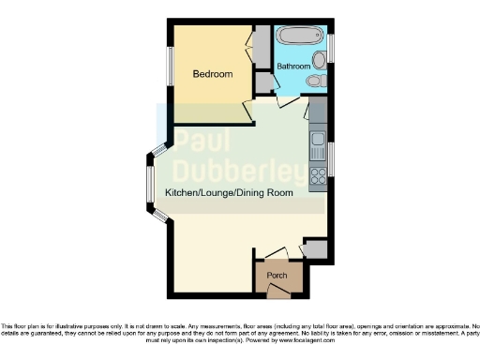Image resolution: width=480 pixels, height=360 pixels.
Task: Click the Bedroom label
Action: (212, 74)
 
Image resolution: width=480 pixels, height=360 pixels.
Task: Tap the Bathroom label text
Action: (292, 67)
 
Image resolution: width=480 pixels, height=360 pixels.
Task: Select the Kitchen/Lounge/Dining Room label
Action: (229, 192)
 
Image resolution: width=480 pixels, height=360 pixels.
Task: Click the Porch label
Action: (277, 276)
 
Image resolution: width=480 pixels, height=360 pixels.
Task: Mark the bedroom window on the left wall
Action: (170, 67)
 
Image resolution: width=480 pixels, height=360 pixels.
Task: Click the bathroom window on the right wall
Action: (331, 44)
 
